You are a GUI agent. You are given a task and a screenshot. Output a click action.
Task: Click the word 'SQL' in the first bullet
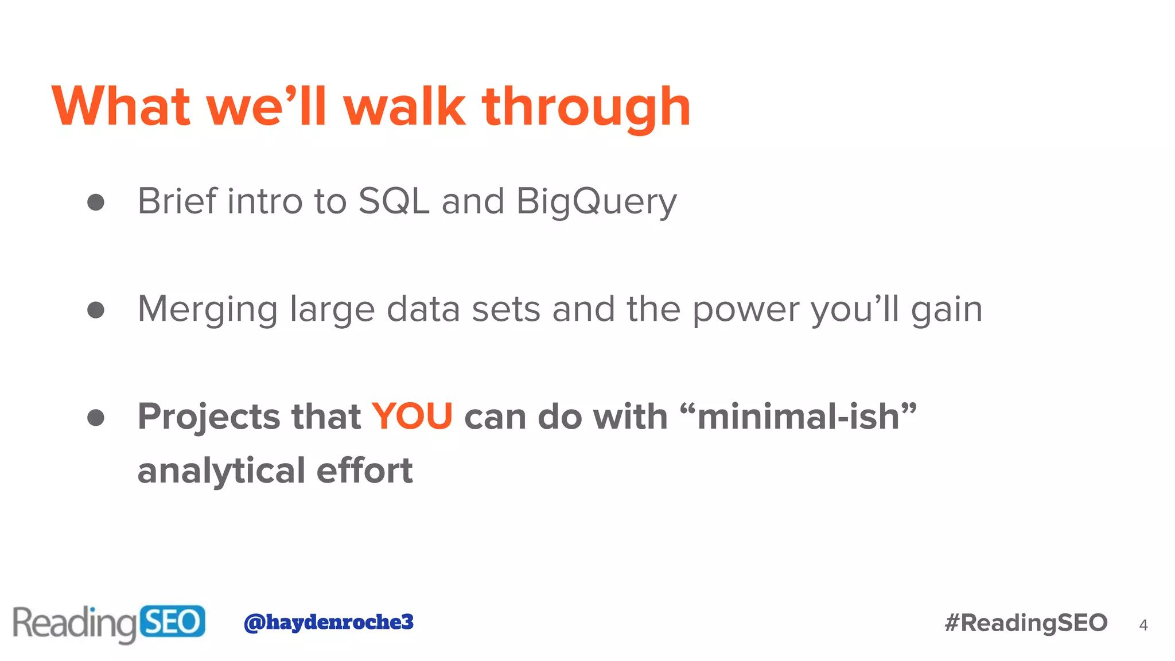[x=394, y=201]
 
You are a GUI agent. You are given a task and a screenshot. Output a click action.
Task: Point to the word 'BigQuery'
[x=596, y=201]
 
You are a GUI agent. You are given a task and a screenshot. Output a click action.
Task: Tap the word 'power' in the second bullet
[x=746, y=309]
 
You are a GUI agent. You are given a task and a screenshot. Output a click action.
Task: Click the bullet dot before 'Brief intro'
[x=96, y=202]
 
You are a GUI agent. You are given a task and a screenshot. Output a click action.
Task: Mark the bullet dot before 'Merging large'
[x=96, y=310]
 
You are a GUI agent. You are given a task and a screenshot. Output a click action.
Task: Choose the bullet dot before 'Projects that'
[x=96, y=417]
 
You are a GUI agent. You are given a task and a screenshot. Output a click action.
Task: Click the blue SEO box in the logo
[x=172, y=621]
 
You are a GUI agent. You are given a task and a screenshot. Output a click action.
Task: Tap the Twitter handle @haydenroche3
[x=328, y=622]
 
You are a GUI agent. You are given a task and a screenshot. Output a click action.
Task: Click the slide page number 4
[x=1143, y=625]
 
